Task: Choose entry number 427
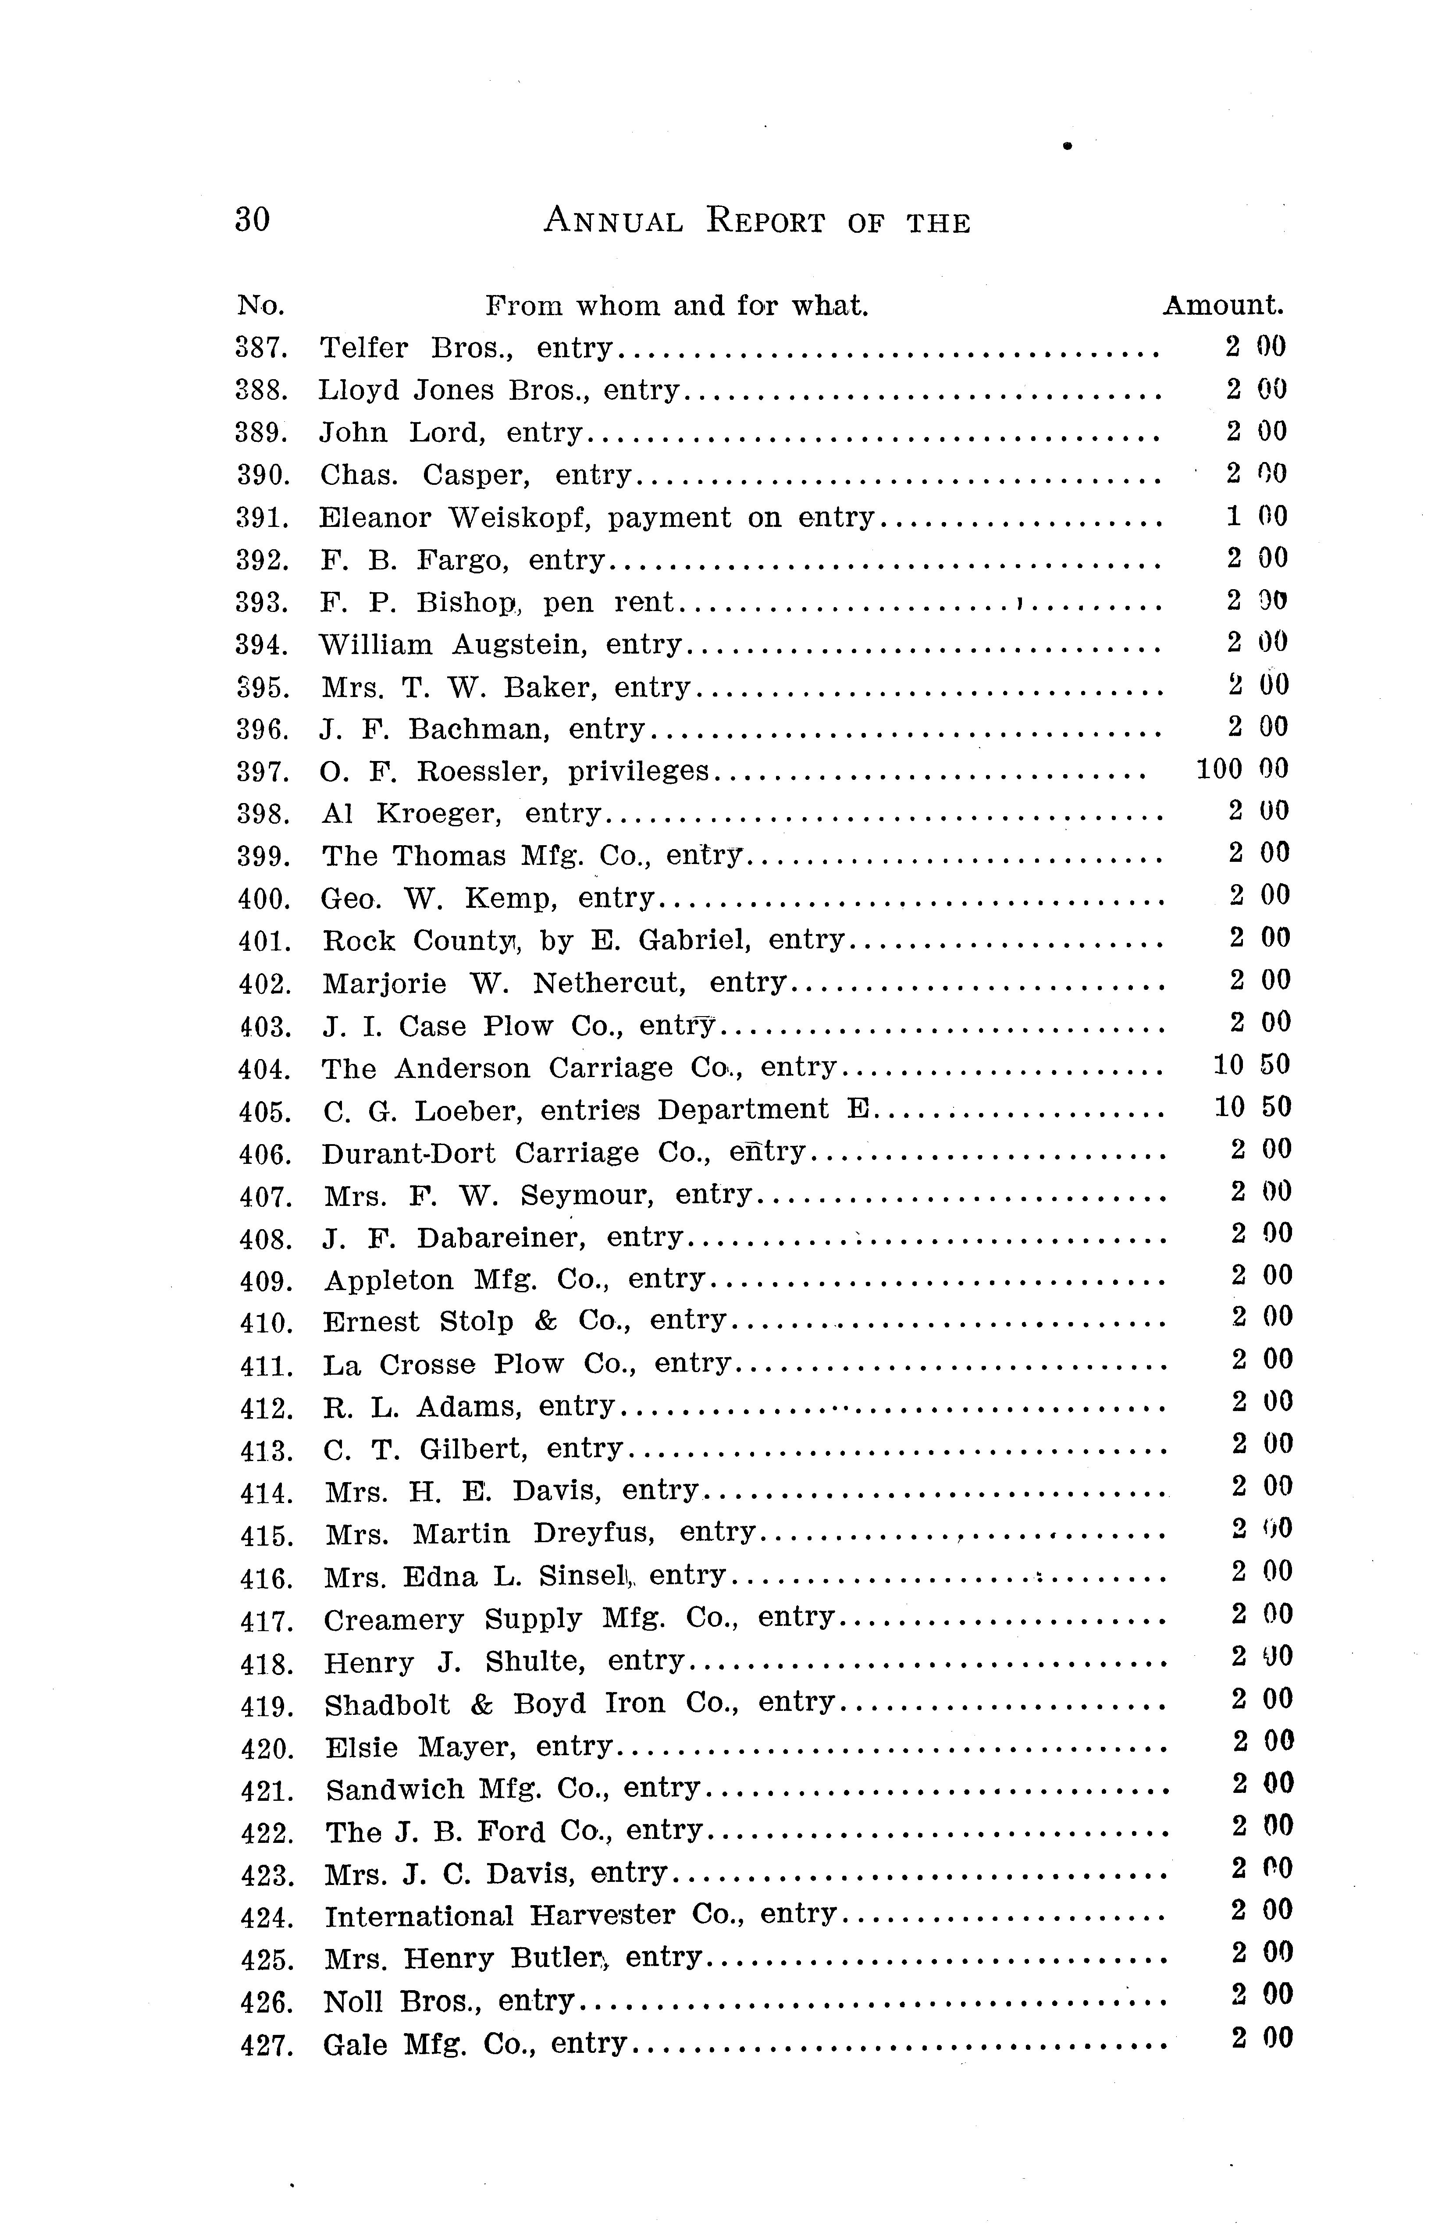click(x=267, y=2045)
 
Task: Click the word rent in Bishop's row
click(x=643, y=602)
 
